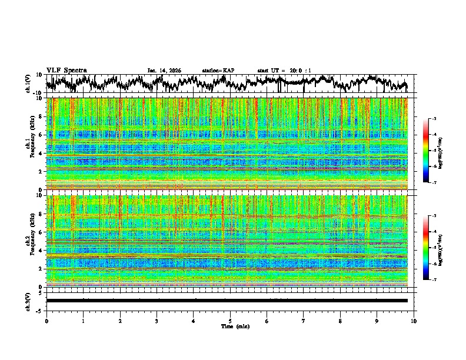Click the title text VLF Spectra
point(66,70)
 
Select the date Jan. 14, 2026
point(164,71)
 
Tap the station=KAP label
point(218,71)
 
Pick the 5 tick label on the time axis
point(230,321)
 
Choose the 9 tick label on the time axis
point(377,321)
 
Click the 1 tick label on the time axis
point(83,321)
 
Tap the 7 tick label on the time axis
point(304,321)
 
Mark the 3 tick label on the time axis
point(157,321)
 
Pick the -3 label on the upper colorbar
point(434,119)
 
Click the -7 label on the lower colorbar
point(434,280)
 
